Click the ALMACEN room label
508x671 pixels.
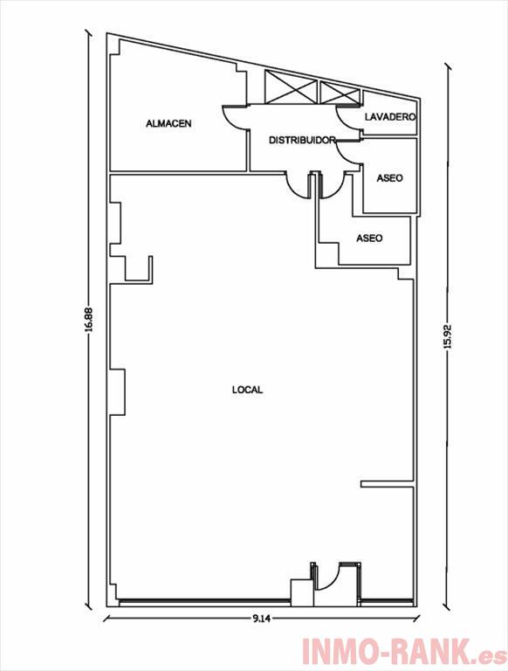click(168, 124)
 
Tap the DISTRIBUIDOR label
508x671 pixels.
click(301, 140)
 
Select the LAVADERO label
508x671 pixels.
click(390, 116)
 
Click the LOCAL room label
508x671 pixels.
click(247, 390)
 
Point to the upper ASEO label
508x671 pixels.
click(389, 177)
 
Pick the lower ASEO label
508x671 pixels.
click(369, 238)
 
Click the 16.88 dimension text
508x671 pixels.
click(88, 320)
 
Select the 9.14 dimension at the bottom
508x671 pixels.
click(261, 618)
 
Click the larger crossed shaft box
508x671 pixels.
click(291, 87)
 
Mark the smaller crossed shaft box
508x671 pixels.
click(339, 93)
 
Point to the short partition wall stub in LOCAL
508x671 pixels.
click(387, 483)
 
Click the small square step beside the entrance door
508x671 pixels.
click(302, 592)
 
